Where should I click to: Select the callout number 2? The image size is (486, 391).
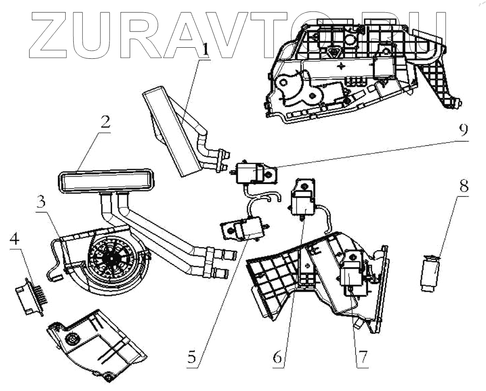[105, 123]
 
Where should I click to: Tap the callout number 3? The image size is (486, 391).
[41, 203]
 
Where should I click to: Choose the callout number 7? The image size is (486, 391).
[362, 356]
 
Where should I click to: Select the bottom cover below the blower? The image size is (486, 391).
[96, 345]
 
